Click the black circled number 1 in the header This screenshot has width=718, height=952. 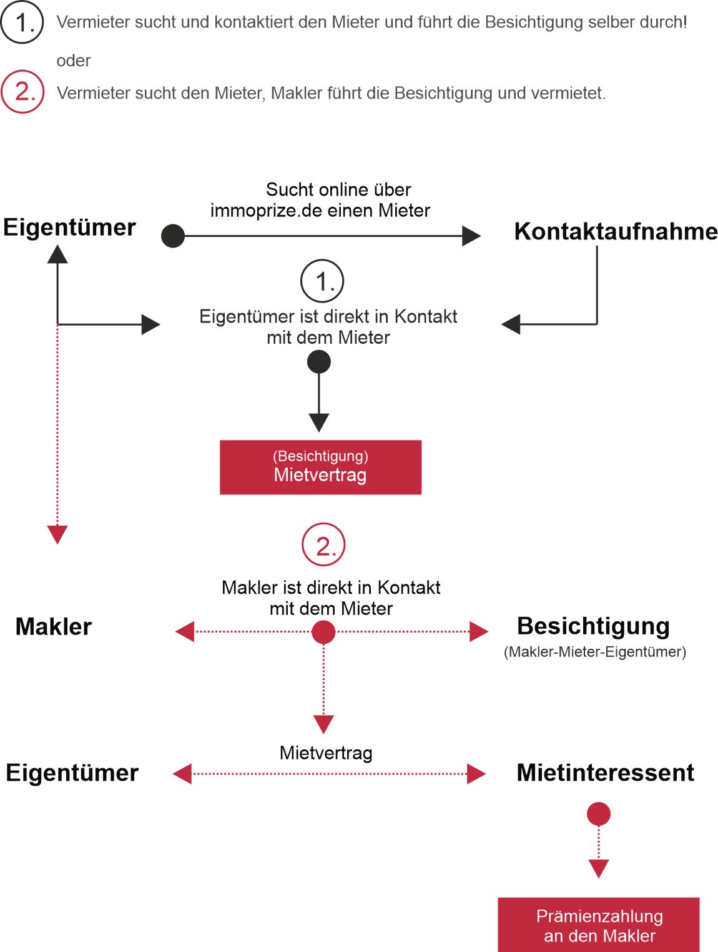(22, 22)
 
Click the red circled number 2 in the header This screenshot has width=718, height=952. (22, 91)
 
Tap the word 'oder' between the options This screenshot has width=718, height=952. (74, 61)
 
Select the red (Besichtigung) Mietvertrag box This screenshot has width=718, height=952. (320, 467)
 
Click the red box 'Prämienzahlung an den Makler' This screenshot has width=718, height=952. (599, 925)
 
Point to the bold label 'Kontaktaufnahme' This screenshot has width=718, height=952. (616, 231)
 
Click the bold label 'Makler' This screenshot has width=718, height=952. (54, 626)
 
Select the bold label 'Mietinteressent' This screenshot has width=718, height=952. (606, 773)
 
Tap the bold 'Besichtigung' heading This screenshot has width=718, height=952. (593, 626)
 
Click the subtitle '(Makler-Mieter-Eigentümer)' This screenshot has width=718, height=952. (595, 652)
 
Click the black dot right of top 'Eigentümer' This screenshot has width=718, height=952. (173, 236)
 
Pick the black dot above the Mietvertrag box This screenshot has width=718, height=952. (318, 362)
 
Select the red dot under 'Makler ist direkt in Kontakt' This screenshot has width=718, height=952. (323, 632)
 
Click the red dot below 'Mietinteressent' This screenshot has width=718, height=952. (599, 814)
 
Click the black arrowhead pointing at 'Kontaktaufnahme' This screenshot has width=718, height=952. (471, 236)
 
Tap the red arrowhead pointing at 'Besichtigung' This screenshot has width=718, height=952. (479, 631)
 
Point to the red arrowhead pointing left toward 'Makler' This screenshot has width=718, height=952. (184, 631)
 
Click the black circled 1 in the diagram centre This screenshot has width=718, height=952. (322, 281)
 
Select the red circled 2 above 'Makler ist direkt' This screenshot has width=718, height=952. (323, 544)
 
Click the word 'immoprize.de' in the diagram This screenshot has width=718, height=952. (266, 211)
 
